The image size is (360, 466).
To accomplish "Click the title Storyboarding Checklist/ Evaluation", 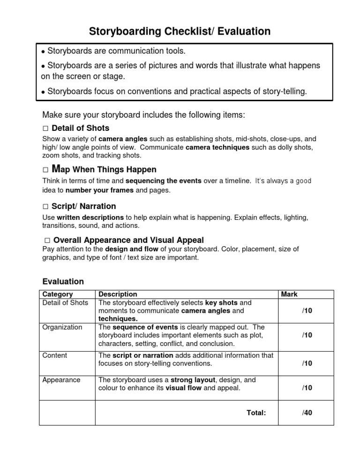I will (180, 31).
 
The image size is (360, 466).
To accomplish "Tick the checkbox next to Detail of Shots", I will (45, 128).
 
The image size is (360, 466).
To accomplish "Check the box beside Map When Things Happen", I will (45, 170).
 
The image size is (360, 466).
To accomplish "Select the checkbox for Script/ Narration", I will (45, 207).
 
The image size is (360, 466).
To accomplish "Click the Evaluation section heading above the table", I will (63, 282).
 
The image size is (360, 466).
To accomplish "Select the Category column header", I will (58, 294).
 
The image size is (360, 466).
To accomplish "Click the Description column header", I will (118, 294).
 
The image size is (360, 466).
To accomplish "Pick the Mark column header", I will (289, 294).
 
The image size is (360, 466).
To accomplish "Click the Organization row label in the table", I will (62, 327).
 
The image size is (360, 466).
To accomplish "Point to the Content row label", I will (55, 355).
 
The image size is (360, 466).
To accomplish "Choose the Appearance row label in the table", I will (61, 380).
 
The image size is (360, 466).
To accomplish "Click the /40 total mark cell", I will (307, 413).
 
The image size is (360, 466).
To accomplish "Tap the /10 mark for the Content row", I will (307, 363).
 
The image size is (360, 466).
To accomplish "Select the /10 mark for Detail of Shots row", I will (307, 310).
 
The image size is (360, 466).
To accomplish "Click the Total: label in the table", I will (256, 413).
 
